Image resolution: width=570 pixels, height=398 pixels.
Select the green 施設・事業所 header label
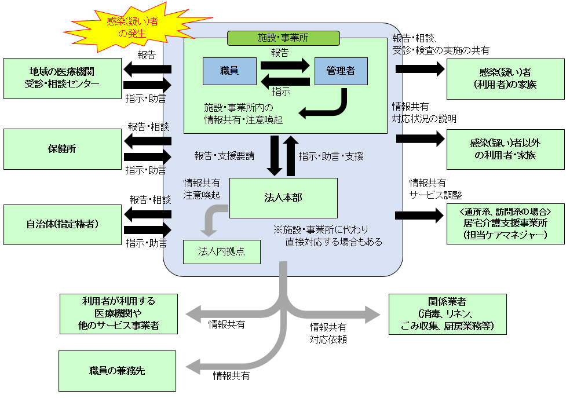pos(283,38)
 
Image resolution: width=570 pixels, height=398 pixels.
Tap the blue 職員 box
pos(229,71)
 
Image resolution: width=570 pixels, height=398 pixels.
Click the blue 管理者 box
pos(341,71)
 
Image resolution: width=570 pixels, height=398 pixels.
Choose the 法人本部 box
pos(283,198)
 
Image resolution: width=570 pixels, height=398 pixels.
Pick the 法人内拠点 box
pos(221,251)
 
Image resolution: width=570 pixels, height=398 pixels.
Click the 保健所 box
pos(62,149)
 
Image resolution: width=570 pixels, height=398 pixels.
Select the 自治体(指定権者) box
pos(62,223)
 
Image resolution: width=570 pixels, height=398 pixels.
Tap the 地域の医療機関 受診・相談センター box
pos(62,78)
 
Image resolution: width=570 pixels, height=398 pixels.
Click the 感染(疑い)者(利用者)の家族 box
pos(505,78)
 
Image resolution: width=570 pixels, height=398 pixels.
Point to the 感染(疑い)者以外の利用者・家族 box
pos(505,149)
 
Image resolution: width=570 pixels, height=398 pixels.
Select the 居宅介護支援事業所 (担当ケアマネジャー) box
pos(505,223)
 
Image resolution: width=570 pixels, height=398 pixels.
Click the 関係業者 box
pos(448,314)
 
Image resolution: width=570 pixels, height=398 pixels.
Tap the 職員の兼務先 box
pos(118,370)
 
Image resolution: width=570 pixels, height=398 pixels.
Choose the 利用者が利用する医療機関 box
pos(118,314)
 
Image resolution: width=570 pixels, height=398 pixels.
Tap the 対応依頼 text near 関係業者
pos(328,339)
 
